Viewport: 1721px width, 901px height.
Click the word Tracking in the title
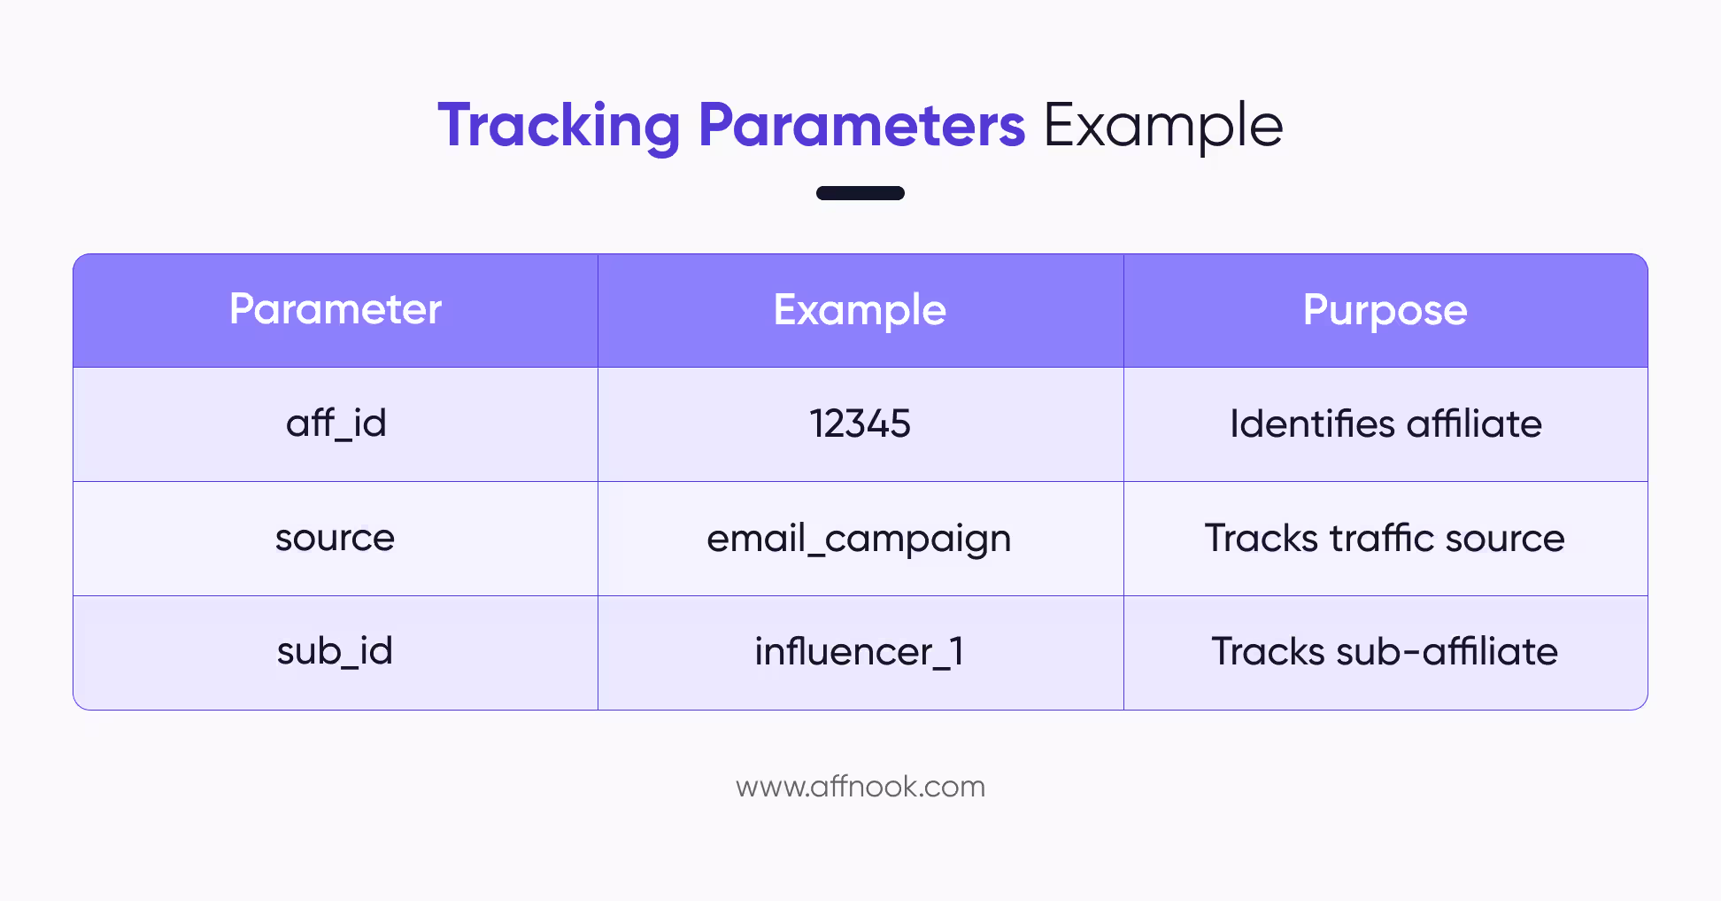coord(559,126)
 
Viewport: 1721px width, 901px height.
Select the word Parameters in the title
coord(861,126)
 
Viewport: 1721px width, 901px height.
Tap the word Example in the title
coord(1162,126)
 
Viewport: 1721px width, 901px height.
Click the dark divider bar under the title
coord(860,193)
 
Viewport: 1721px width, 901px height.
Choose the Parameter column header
coord(336,310)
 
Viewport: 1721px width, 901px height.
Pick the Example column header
coord(860,310)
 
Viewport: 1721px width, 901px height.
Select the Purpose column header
coord(1385,310)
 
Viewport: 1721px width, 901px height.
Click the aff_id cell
coord(336,423)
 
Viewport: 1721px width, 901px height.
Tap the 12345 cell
coord(860,423)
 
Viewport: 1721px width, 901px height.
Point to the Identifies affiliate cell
coord(1385,423)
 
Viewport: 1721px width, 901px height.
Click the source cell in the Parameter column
coord(335,538)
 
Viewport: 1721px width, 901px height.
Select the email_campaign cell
coord(859,539)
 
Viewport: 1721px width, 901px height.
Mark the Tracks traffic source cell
coord(1385,538)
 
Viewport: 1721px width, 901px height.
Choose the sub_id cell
coord(335,652)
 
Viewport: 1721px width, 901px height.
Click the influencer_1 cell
coord(859,652)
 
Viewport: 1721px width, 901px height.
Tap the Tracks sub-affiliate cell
coord(1385,652)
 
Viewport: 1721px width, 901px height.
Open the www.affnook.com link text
coord(860,787)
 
